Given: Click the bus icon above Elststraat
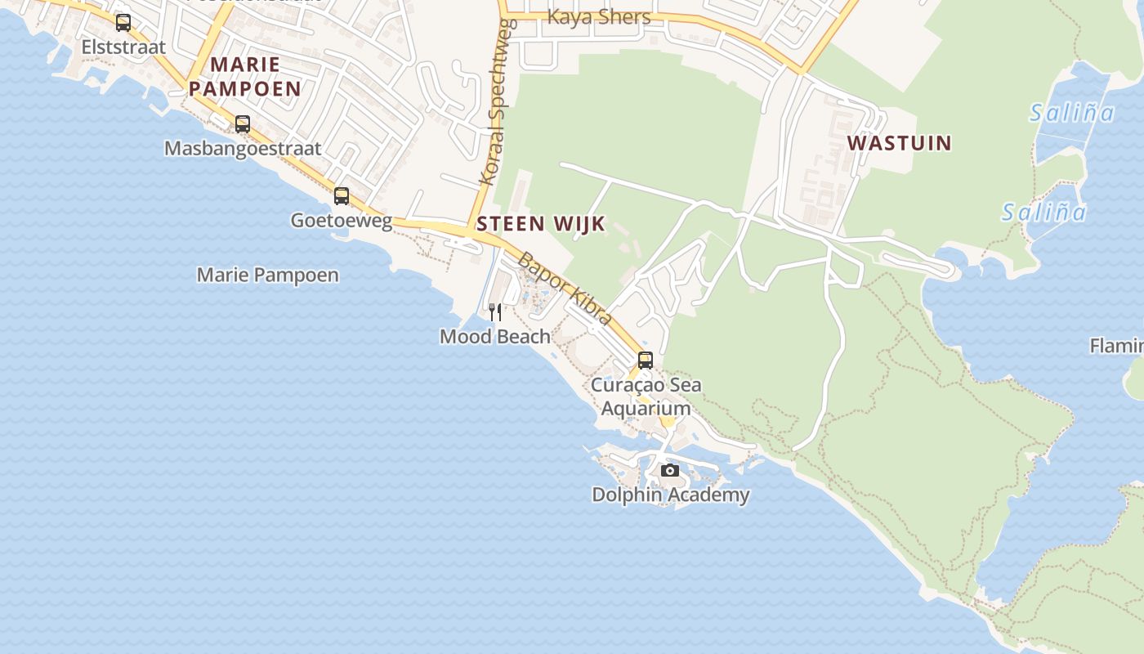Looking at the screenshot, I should [123, 23].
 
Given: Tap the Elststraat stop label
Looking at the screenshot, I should [123, 47].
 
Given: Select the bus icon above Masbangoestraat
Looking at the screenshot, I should [243, 124].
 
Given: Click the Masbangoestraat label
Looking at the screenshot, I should [243, 149].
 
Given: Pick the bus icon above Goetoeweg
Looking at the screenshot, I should [342, 196].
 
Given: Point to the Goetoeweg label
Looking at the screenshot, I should [342, 221].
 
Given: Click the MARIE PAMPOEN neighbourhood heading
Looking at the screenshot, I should [244, 76].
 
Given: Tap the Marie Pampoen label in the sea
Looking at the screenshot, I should [267, 275].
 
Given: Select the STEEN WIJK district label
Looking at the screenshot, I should [541, 224].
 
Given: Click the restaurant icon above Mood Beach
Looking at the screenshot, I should [494, 311].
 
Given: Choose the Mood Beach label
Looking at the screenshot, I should [494, 336].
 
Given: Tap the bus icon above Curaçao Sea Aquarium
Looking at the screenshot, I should [646, 360].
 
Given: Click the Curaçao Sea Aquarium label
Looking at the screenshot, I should [646, 396].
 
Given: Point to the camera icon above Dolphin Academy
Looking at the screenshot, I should [670, 470].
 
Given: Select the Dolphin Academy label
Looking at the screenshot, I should [670, 495].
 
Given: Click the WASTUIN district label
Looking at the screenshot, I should [899, 143].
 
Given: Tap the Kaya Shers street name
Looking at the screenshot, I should [599, 17].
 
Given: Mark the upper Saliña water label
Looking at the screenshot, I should [1071, 113].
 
